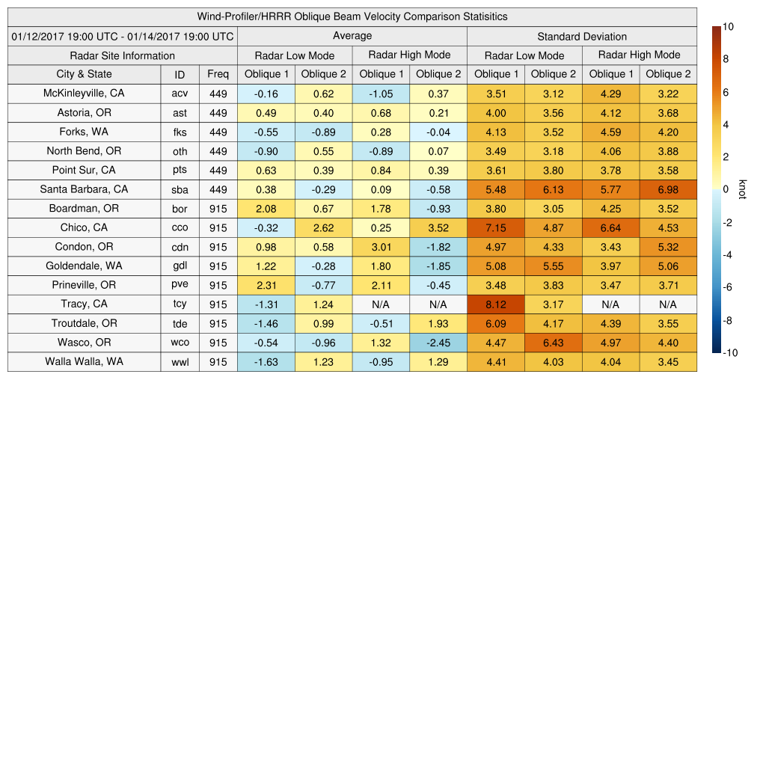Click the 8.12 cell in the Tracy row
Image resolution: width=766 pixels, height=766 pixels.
(495, 304)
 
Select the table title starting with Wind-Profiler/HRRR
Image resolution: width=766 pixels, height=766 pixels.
(352, 16)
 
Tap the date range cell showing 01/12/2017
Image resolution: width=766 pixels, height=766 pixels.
(123, 36)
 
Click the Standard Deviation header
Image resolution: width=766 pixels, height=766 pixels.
(582, 36)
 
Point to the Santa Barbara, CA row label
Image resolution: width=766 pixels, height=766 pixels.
(84, 189)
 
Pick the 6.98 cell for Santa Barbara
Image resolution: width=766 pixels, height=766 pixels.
(668, 189)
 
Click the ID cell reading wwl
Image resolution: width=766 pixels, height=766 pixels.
(180, 362)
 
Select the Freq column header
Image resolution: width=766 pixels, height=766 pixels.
(218, 74)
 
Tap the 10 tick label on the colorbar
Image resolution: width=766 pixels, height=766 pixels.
(728, 27)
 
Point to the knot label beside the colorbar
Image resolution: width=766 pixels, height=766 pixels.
(743, 189)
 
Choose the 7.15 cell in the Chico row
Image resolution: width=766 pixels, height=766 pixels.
(495, 227)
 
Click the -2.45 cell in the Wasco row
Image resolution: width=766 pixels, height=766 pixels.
(438, 343)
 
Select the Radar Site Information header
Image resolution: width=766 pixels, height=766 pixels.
(123, 55)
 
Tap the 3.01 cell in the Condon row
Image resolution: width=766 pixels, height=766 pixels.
(381, 247)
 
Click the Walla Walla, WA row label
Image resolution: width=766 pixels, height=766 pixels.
(84, 361)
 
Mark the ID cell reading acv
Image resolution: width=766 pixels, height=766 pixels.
(180, 94)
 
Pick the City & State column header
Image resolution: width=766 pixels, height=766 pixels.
(84, 74)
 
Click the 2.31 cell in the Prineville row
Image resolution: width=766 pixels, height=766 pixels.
(266, 285)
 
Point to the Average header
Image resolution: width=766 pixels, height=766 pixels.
(352, 36)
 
